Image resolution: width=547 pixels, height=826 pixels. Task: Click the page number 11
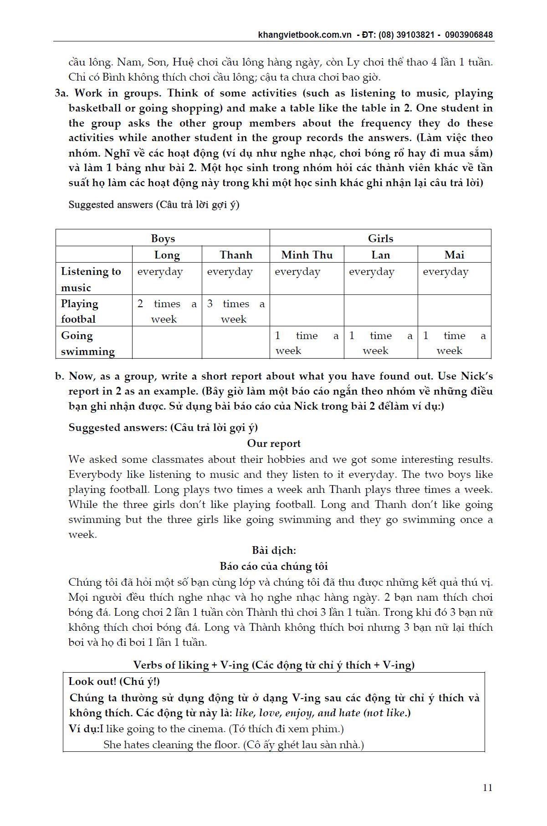487,788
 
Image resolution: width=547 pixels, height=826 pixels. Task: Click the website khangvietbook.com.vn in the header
305,35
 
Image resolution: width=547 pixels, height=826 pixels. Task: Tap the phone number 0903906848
469,35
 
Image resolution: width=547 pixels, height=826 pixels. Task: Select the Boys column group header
163,238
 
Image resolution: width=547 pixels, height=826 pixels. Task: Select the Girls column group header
380,238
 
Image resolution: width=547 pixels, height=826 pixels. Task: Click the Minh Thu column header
307,255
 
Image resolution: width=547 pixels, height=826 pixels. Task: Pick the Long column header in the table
167,255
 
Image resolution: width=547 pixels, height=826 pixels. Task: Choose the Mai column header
454,255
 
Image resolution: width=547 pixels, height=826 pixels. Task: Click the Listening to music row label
91,279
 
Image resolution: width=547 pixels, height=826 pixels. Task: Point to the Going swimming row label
87,343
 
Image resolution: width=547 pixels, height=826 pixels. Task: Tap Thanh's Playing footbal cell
235,311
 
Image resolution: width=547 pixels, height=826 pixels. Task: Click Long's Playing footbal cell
167,311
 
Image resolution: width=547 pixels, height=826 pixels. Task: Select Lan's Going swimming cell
380,343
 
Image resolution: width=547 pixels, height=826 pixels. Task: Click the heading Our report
274,443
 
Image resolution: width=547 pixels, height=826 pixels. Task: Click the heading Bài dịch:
274,550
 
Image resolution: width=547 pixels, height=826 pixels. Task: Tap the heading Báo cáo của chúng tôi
274,566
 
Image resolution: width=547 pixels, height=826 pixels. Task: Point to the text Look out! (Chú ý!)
114,681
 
